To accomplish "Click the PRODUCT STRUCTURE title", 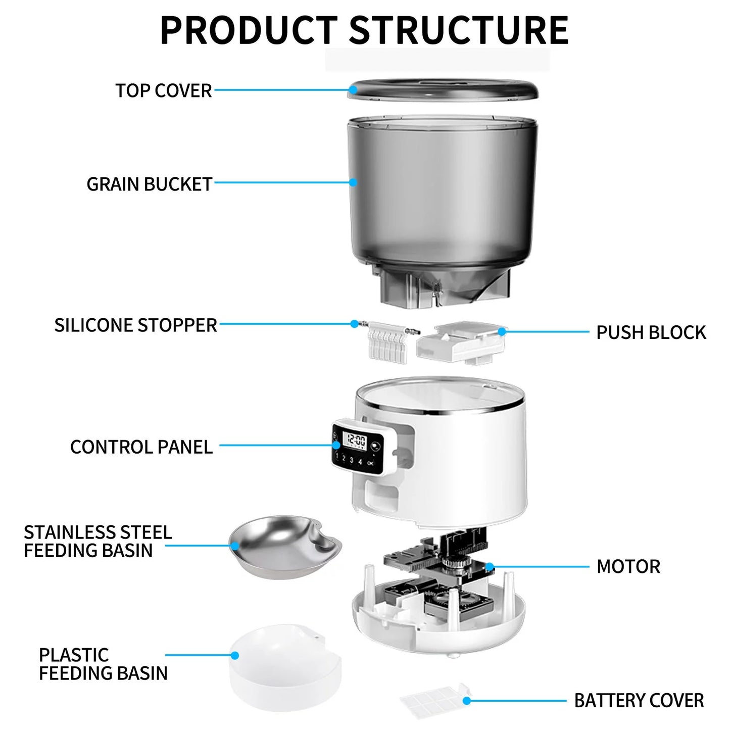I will [364, 30].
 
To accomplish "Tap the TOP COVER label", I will [163, 91].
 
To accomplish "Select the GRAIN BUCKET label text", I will [149, 184].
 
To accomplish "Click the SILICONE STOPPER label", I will [135, 325].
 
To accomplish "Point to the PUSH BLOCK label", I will [651, 333].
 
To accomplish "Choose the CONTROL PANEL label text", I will [141, 447].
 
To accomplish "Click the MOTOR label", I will [628, 567].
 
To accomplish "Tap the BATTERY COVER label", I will [639, 701].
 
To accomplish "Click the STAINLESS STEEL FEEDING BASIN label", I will [98, 542].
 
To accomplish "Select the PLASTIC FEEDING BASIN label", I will [103, 664].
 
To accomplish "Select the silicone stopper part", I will [388, 341].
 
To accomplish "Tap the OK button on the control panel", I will [371, 463].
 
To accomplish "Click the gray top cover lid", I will [443, 90].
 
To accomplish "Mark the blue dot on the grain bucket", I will [353, 182].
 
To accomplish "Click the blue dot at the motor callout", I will [490, 567].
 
